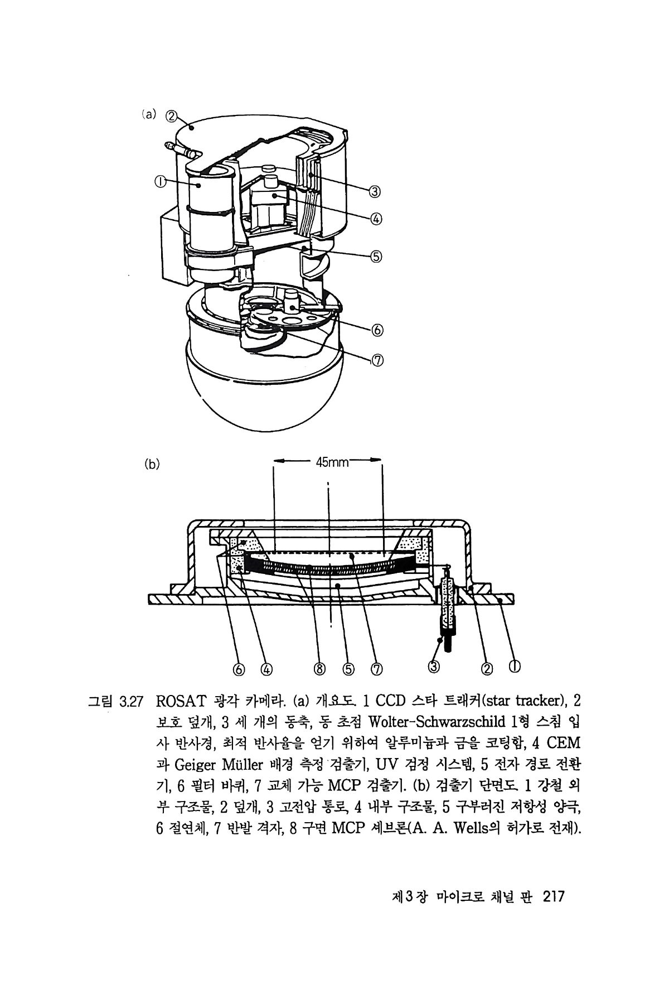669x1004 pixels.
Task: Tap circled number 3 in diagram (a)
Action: [x=375, y=192]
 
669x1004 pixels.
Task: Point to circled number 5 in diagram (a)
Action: [x=376, y=257]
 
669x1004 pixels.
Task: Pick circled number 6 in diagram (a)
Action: [x=376, y=330]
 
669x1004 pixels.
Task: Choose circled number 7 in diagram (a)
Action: [x=376, y=360]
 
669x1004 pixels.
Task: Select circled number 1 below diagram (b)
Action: [x=515, y=666]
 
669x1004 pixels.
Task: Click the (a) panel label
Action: [x=148, y=115]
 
